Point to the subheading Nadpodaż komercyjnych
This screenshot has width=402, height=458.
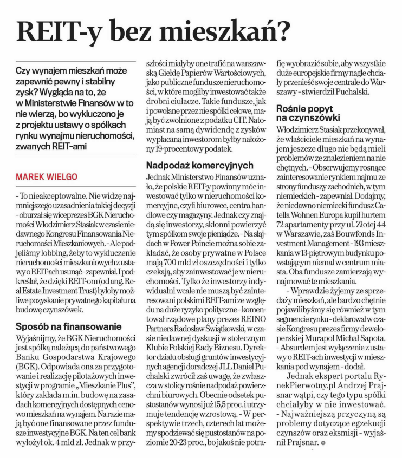click(x=200, y=165)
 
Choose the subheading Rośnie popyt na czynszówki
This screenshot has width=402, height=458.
click(x=308, y=112)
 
